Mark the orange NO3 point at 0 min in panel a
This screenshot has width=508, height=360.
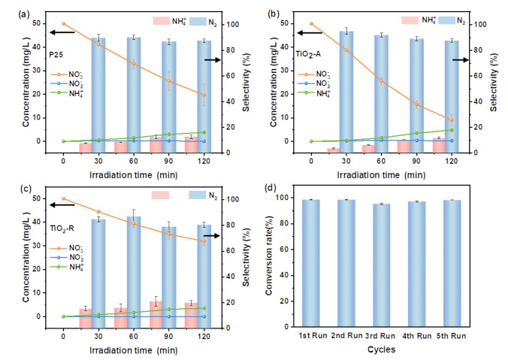click(64, 23)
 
